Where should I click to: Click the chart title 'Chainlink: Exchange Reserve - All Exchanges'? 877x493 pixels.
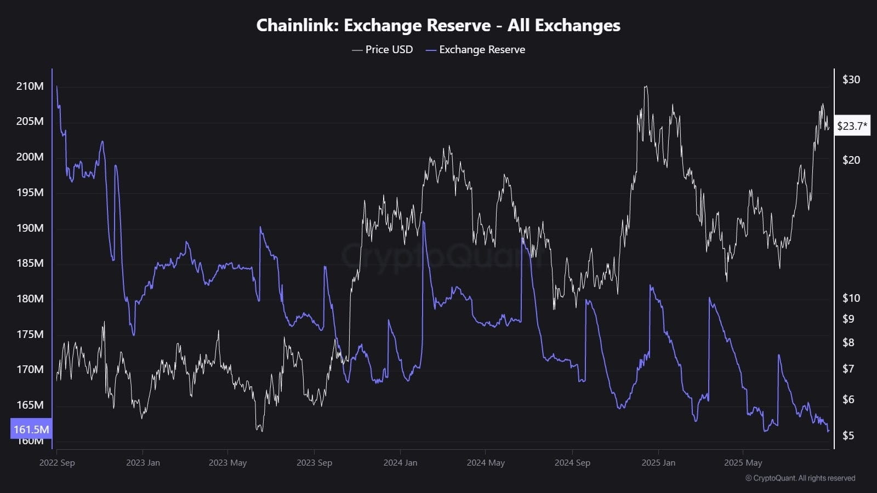(x=438, y=25)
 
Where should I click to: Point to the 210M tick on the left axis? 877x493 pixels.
(x=30, y=86)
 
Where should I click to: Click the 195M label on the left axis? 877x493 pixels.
(x=30, y=192)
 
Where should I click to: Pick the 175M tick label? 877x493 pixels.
(x=30, y=334)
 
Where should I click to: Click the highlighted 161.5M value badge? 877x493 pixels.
(x=31, y=429)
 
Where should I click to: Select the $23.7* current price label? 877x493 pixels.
(x=852, y=126)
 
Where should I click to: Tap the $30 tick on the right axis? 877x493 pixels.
(x=851, y=79)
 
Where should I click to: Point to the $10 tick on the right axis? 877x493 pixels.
(x=851, y=298)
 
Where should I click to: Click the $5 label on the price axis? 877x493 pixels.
(x=848, y=435)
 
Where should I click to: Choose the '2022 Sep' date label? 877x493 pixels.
(x=57, y=462)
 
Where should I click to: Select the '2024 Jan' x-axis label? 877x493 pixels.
(x=400, y=462)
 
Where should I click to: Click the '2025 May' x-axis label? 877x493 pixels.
(x=743, y=462)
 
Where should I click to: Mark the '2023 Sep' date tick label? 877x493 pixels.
(x=314, y=462)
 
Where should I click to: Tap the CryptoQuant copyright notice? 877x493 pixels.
(x=800, y=478)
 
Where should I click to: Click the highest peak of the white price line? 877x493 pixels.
(x=646, y=87)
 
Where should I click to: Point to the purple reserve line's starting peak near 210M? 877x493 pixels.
(x=57, y=86)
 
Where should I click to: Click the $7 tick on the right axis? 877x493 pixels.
(x=848, y=369)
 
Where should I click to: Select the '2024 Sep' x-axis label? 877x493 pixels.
(x=572, y=462)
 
